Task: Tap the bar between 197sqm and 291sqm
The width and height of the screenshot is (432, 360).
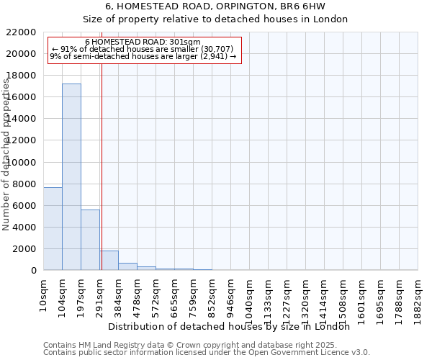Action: (x=90, y=240)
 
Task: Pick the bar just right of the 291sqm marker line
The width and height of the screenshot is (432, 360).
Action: (x=109, y=261)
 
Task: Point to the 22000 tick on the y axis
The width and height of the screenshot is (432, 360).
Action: (x=19, y=32)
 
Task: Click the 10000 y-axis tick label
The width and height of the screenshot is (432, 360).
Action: (x=19, y=162)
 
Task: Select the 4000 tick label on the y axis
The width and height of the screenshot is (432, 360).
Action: (x=22, y=227)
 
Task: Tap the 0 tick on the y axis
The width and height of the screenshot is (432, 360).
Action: (x=33, y=270)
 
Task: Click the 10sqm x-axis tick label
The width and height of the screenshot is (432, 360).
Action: (x=43, y=293)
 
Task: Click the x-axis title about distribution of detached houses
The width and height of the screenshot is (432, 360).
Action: (x=233, y=326)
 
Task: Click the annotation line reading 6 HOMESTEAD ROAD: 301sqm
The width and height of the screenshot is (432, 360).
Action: (x=143, y=42)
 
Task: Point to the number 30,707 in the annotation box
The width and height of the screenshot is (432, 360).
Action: (x=213, y=49)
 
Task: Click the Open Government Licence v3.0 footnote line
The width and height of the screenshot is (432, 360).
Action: (x=207, y=352)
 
